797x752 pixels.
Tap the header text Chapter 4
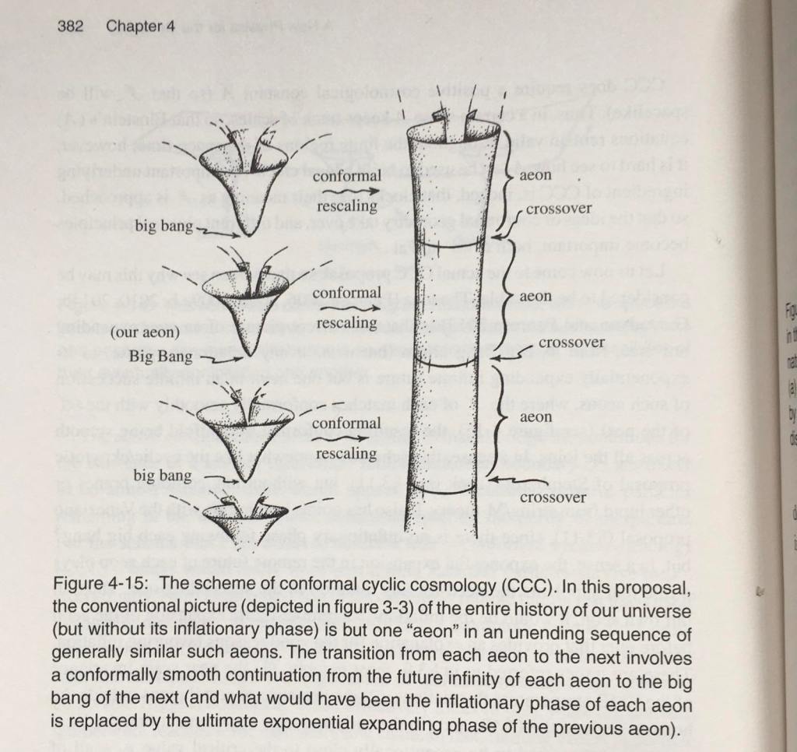(x=140, y=26)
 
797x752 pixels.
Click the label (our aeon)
(x=144, y=332)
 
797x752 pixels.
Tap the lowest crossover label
(x=552, y=497)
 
